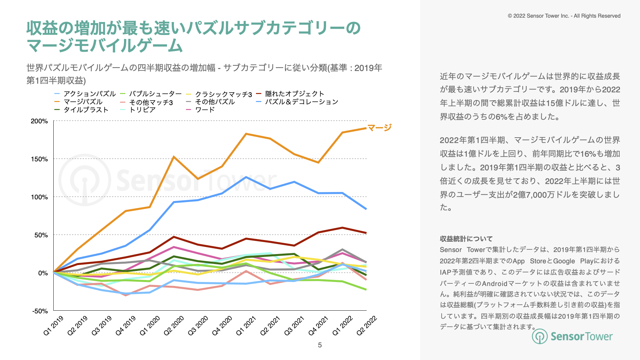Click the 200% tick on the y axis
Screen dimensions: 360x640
(39, 121)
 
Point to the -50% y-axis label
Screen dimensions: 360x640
(40, 311)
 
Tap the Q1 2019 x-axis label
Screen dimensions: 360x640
(53, 325)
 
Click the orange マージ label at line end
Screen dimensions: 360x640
(379, 127)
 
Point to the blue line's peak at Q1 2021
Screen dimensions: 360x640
(246, 177)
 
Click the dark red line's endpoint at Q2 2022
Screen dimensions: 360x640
(366, 233)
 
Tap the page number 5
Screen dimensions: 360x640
(320, 345)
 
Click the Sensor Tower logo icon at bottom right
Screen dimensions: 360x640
(539, 336)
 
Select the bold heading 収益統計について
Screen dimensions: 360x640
(466, 239)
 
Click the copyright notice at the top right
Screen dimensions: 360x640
(564, 16)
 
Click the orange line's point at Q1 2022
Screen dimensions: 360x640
(342, 133)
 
